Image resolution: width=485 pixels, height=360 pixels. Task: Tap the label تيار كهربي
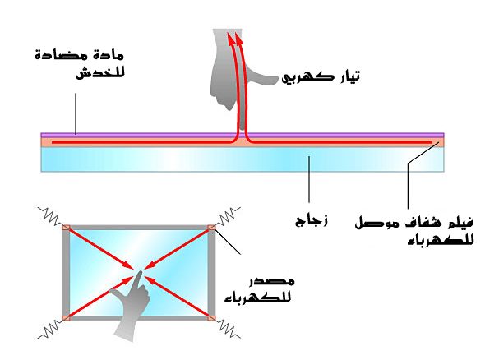tap(321, 76)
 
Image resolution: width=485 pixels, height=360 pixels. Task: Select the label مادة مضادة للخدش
tap(80, 64)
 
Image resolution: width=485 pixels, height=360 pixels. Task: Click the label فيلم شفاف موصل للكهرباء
tap(413, 231)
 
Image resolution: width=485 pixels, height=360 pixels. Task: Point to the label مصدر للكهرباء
tap(259, 290)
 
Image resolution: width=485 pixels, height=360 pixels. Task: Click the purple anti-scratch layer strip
tap(242, 135)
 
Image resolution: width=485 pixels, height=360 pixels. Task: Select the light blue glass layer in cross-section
tap(242, 159)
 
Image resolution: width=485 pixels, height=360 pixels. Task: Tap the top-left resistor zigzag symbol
tap(50, 216)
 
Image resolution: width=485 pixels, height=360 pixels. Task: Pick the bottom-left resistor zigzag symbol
tap(50, 329)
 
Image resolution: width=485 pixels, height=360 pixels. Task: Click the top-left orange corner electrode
tap(67, 228)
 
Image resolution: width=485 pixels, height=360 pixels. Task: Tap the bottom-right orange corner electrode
tap(211, 318)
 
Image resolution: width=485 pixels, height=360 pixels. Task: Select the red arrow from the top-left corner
tap(99, 247)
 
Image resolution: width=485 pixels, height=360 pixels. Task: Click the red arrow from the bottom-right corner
tap(178, 298)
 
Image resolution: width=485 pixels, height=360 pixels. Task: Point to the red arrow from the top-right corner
tap(178, 248)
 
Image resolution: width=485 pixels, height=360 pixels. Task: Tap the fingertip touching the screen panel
tap(140, 273)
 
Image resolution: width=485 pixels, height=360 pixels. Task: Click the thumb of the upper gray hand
tap(263, 79)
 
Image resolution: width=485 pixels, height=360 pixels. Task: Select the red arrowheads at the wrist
tap(234, 37)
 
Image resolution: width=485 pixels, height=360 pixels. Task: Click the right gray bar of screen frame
tap(211, 273)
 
